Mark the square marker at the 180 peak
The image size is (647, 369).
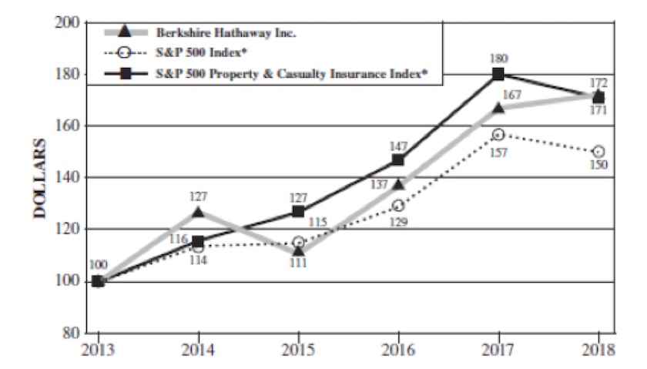tap(498, 74)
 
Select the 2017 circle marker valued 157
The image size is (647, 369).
tap(498, 135)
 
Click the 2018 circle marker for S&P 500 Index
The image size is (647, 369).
tap(598, 152)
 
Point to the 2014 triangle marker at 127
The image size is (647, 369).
tap(199, 212)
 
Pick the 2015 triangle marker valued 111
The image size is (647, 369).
tap(299, 251)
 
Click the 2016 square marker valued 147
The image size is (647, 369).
tap(398, 159)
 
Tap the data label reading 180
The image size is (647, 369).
tap(498, 58)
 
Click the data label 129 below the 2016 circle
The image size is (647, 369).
tap(399, 222)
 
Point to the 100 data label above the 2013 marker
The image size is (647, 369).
tap(98, 265)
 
